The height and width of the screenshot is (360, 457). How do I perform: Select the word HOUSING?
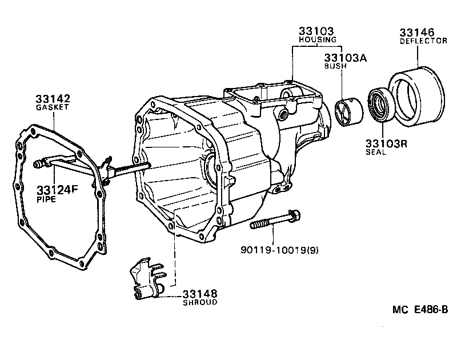click(318, 40)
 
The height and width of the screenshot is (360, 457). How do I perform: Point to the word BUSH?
click(332, 66)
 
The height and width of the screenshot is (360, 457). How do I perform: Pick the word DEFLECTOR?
click(423, 41)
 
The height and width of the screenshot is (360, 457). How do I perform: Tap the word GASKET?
click(53, 107)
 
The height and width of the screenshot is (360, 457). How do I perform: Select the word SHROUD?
click(200, 302)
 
